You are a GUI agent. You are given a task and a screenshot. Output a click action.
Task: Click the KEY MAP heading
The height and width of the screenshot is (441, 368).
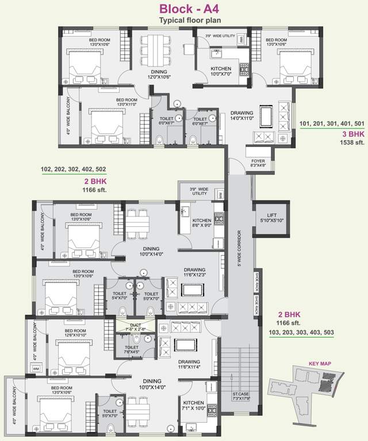319,363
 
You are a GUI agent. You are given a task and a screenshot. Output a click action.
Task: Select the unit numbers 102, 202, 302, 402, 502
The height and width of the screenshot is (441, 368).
74,169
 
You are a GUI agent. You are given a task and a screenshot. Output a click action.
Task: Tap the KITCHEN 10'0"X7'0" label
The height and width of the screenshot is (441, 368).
221,71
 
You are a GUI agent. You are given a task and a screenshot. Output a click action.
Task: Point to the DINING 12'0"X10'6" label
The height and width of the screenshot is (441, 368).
156,74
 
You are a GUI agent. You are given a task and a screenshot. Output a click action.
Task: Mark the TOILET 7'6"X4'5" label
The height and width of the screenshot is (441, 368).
131,350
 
